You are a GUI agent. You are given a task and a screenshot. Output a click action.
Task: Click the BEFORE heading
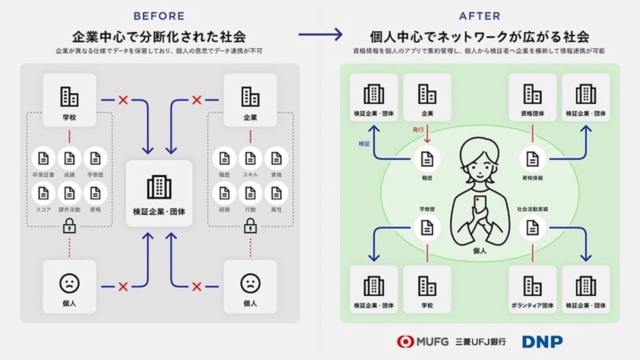point(159,16)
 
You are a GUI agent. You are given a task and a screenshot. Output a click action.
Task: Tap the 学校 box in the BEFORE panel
point(69,100)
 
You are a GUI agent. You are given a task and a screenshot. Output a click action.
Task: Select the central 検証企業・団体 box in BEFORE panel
point(159,193)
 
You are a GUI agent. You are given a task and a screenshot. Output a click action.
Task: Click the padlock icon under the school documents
point(69,227)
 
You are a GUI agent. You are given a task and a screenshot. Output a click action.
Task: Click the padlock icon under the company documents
point(250,227)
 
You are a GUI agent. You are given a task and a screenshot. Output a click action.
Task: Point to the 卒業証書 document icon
point(43,158)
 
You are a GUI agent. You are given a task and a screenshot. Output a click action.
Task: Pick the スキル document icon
point(250,158)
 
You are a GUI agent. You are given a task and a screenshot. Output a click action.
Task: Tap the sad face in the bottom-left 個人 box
point(69,283)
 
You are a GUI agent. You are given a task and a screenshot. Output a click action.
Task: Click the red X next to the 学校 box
point(123,100)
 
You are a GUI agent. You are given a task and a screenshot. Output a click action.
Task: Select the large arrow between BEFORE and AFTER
point(320,34)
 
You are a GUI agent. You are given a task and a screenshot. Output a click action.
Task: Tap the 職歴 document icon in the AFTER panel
point(427,158)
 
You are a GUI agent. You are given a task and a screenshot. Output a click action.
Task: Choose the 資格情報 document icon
point(532,158)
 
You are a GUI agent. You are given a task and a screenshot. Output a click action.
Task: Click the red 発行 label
point(418,129)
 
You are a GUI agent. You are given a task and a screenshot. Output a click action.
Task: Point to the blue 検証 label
point(364,143)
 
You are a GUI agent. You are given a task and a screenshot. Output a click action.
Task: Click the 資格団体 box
point(532,97)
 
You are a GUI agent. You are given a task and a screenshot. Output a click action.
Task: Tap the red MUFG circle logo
point(404,341)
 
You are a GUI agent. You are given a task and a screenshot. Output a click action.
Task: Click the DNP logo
point(542,341)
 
